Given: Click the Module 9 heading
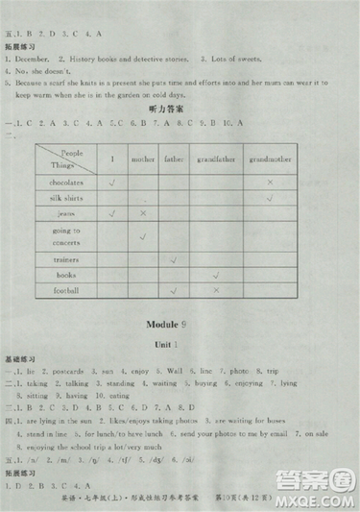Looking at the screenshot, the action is pyautogui.click(x=180, y=325).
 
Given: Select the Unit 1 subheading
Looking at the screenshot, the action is pyautogui.click(x=180, y=345).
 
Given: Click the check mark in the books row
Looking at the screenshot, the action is pyautogui.click(x=216, y=275).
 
